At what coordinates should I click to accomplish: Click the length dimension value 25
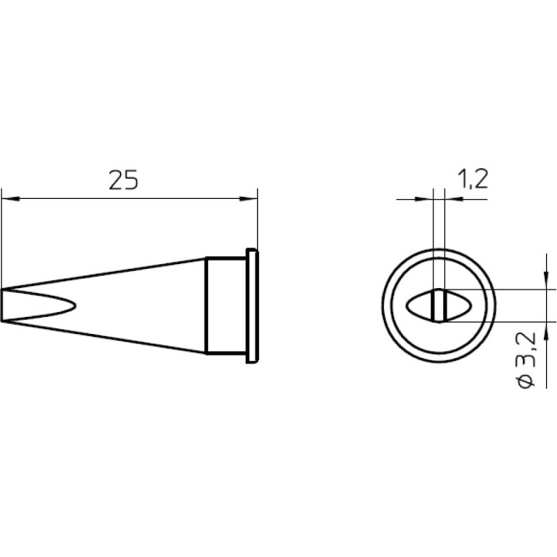point(123,180)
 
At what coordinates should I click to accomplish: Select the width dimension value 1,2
point(473,178)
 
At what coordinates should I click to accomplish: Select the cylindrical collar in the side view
point(227,306)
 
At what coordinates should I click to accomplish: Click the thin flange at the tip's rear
point(252,306)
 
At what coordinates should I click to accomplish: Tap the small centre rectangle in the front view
point(439,305)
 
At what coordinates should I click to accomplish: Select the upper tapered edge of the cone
point(103,274)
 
